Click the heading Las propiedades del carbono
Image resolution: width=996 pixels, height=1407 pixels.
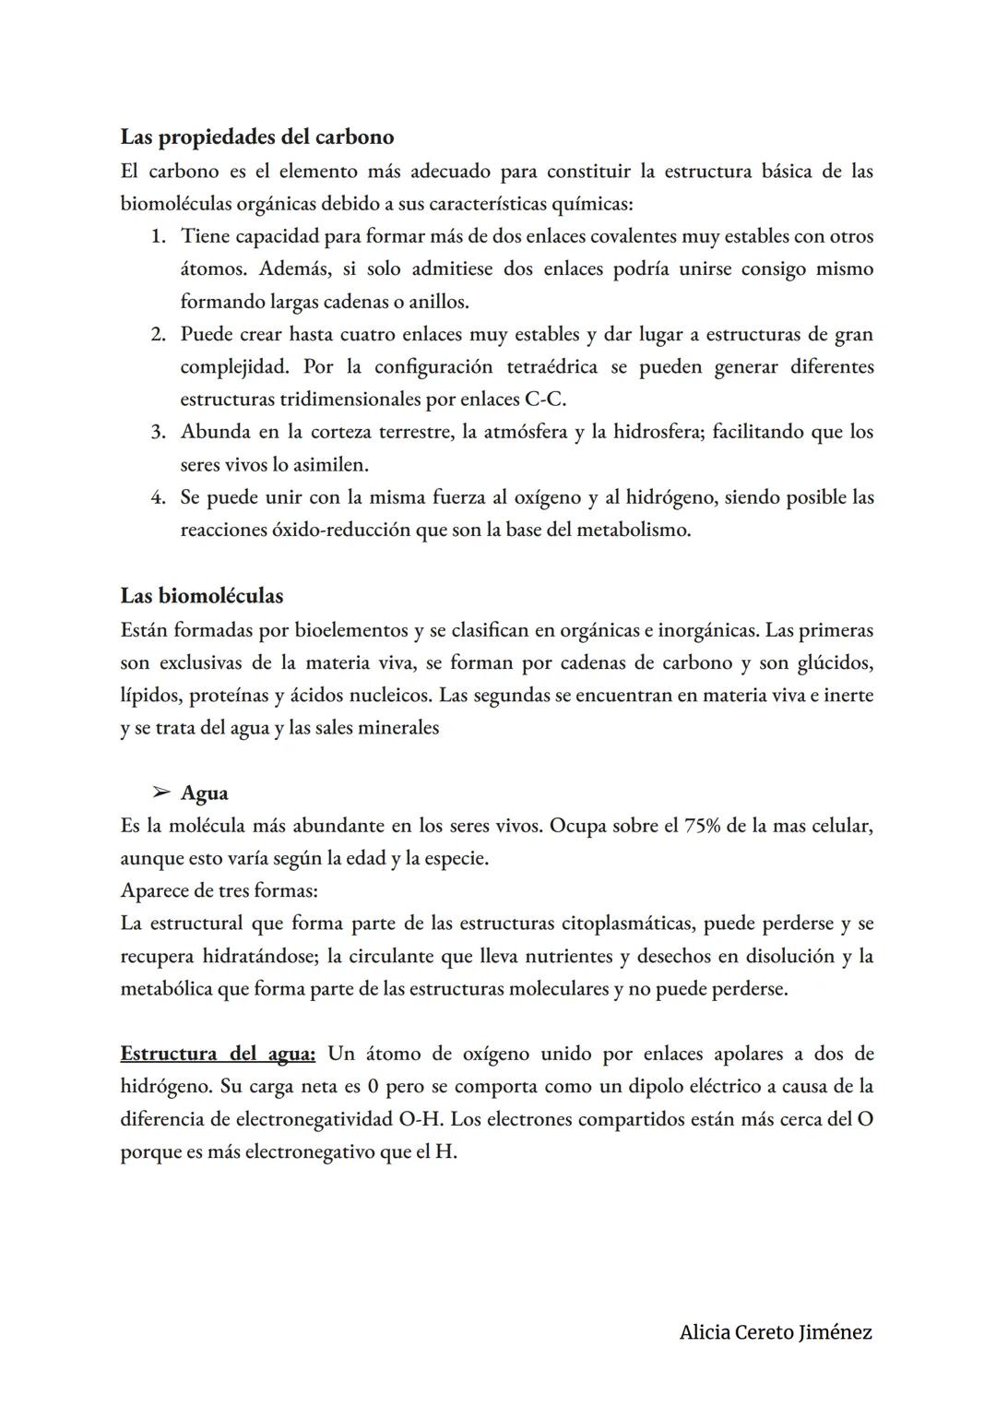tap(257, 137)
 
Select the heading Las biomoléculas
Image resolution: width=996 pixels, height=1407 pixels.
tap(202, 596)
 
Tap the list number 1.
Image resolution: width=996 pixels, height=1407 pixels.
tap(159, 237)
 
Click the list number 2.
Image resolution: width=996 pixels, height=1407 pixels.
tap(159, 335)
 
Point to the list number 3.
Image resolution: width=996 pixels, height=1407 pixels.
tap(159, 433)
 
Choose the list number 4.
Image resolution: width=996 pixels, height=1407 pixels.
tap(159, 498)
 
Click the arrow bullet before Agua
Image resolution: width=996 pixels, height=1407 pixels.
tap(161, 793)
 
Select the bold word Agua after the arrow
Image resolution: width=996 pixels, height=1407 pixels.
tap(205, 793)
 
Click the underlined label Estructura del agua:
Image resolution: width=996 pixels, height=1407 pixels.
tap(218, 1054)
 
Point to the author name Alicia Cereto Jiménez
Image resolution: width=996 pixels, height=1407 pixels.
tap(776, 1332)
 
